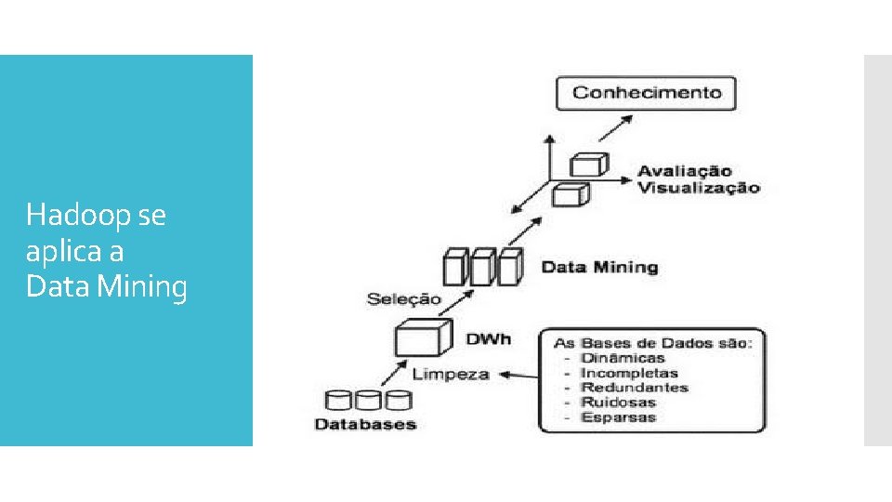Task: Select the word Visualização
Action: point(698,188)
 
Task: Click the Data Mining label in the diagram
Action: point(599,268)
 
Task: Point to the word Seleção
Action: point(403,299)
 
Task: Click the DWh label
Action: point(489,339)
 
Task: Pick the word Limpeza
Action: point(451,374)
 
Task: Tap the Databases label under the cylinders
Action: point(366,425)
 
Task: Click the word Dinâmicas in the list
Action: point(623,358)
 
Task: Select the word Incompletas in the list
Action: point(629,373)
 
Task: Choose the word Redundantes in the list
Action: point(634,388)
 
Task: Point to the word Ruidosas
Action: point(618,403)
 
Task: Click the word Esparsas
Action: point(618,417)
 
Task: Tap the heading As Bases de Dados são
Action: point(653,343)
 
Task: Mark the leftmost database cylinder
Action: point(339,401)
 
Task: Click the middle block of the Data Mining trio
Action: point(481,267)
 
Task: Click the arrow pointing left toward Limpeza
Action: point(517,376)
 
